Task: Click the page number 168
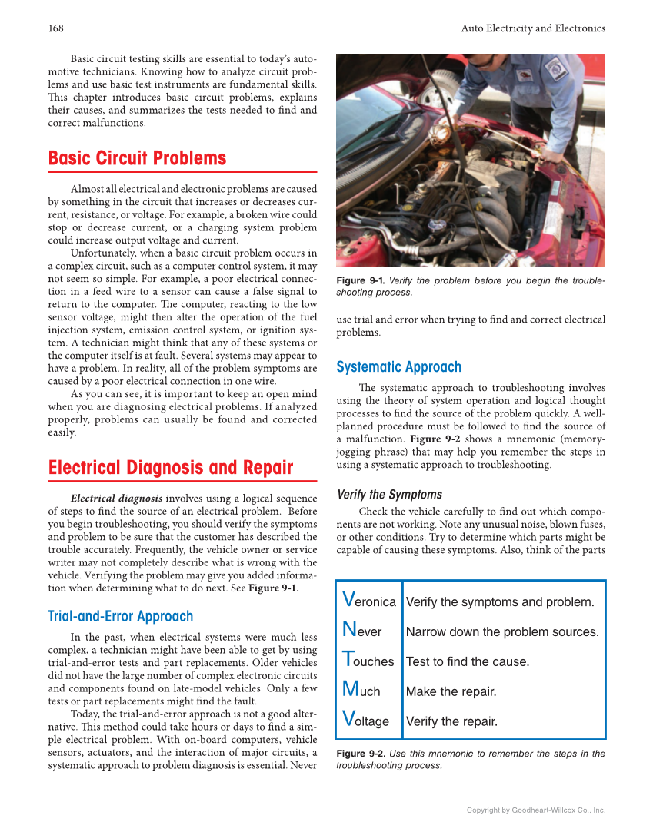pos(55,28)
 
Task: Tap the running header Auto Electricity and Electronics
pos(533,28)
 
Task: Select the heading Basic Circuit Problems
pos(137,158)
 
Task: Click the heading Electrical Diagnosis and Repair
pos(170,468)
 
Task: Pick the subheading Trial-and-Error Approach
pos(120,616)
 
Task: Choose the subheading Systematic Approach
pos(398,367)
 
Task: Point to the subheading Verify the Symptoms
pos(389,495)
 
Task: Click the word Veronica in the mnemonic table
pos(368,601)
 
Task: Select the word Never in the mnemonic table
pos(361,631)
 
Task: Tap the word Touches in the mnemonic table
pos(368,661)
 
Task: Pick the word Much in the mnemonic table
pos(361,691)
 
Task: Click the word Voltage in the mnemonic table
pos(365,721)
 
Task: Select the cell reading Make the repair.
pos(451,691)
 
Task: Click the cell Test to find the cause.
pos(467,661)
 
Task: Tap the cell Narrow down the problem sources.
pos(501,631)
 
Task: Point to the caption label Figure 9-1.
pos(360,281)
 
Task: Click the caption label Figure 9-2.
pos(360,754)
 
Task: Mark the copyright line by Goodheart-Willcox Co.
pos(536,810)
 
